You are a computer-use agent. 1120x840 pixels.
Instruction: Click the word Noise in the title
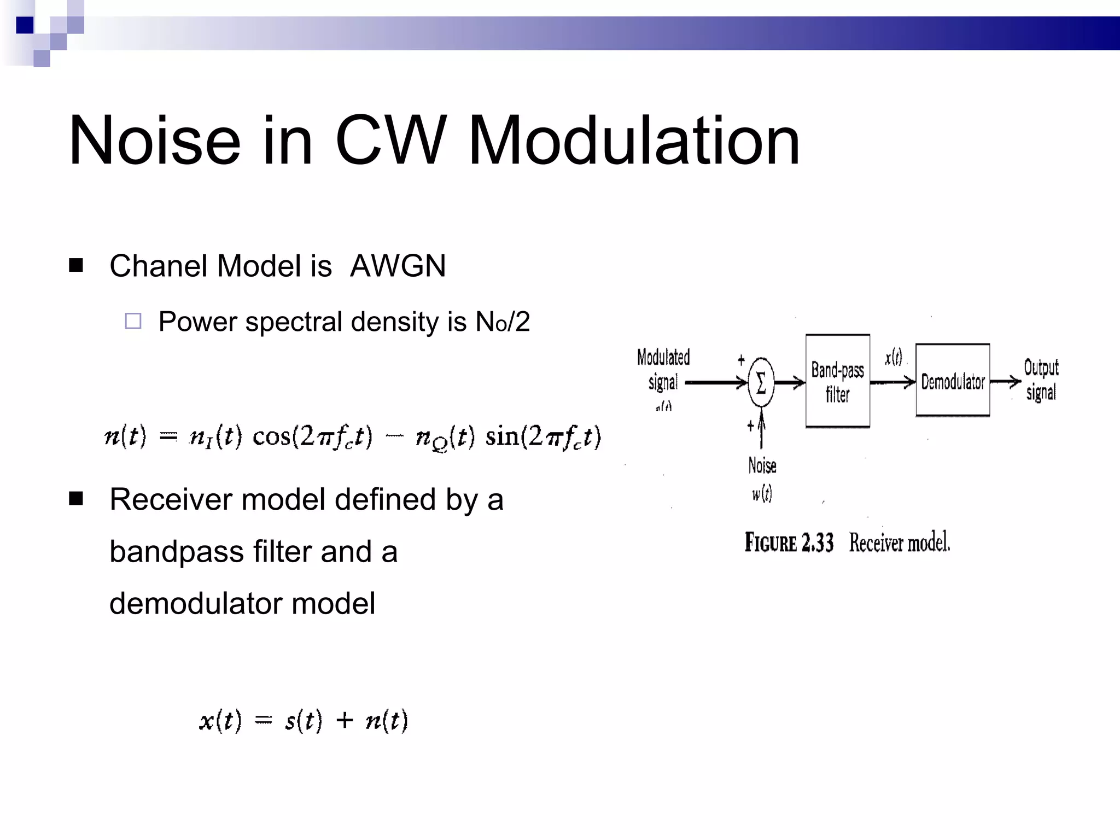click(x=154, y=141)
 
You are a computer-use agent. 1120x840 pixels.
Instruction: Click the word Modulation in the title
click(x=634, y=141)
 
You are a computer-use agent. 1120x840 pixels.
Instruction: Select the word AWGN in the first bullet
click(x=398, y=266)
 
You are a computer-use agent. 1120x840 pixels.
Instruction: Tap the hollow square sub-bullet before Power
click(x=133, y=321)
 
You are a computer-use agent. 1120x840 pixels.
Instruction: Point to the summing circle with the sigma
click(x=761, y=382)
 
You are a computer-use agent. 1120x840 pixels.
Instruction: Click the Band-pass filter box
click(x=837, y=381)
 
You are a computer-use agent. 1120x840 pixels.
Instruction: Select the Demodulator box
click(x=953, y=381)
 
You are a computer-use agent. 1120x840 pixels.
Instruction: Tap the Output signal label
click(x=1041, y=380)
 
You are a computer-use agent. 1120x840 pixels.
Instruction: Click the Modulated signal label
click(x=663, y=370)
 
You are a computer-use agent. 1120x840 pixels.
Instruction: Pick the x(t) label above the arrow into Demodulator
click(x=894, y=358)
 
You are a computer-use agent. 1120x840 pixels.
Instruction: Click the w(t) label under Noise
click(x=762, y=494)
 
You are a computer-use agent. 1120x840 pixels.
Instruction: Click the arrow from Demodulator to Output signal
click(x=1005, y=381)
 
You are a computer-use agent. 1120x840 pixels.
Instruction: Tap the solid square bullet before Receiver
click(x=76, y=499)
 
